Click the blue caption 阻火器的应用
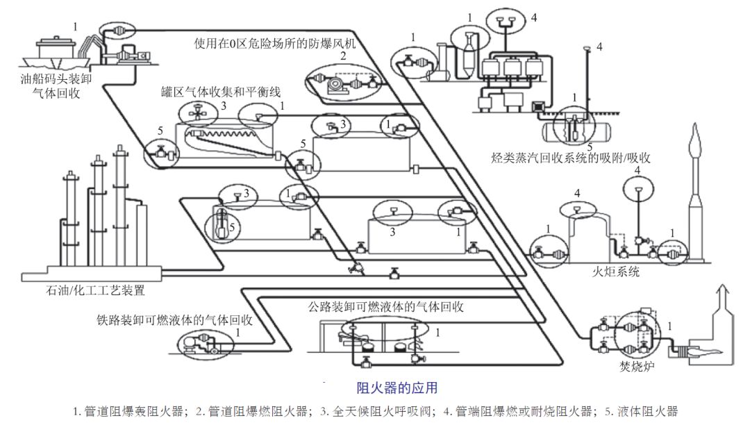coord(397,387)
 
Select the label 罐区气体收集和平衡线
coord(222,92)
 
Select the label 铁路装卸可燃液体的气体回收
coord(174,320)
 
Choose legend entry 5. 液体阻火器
coord(638,410)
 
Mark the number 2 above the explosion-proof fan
coord(342,56)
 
